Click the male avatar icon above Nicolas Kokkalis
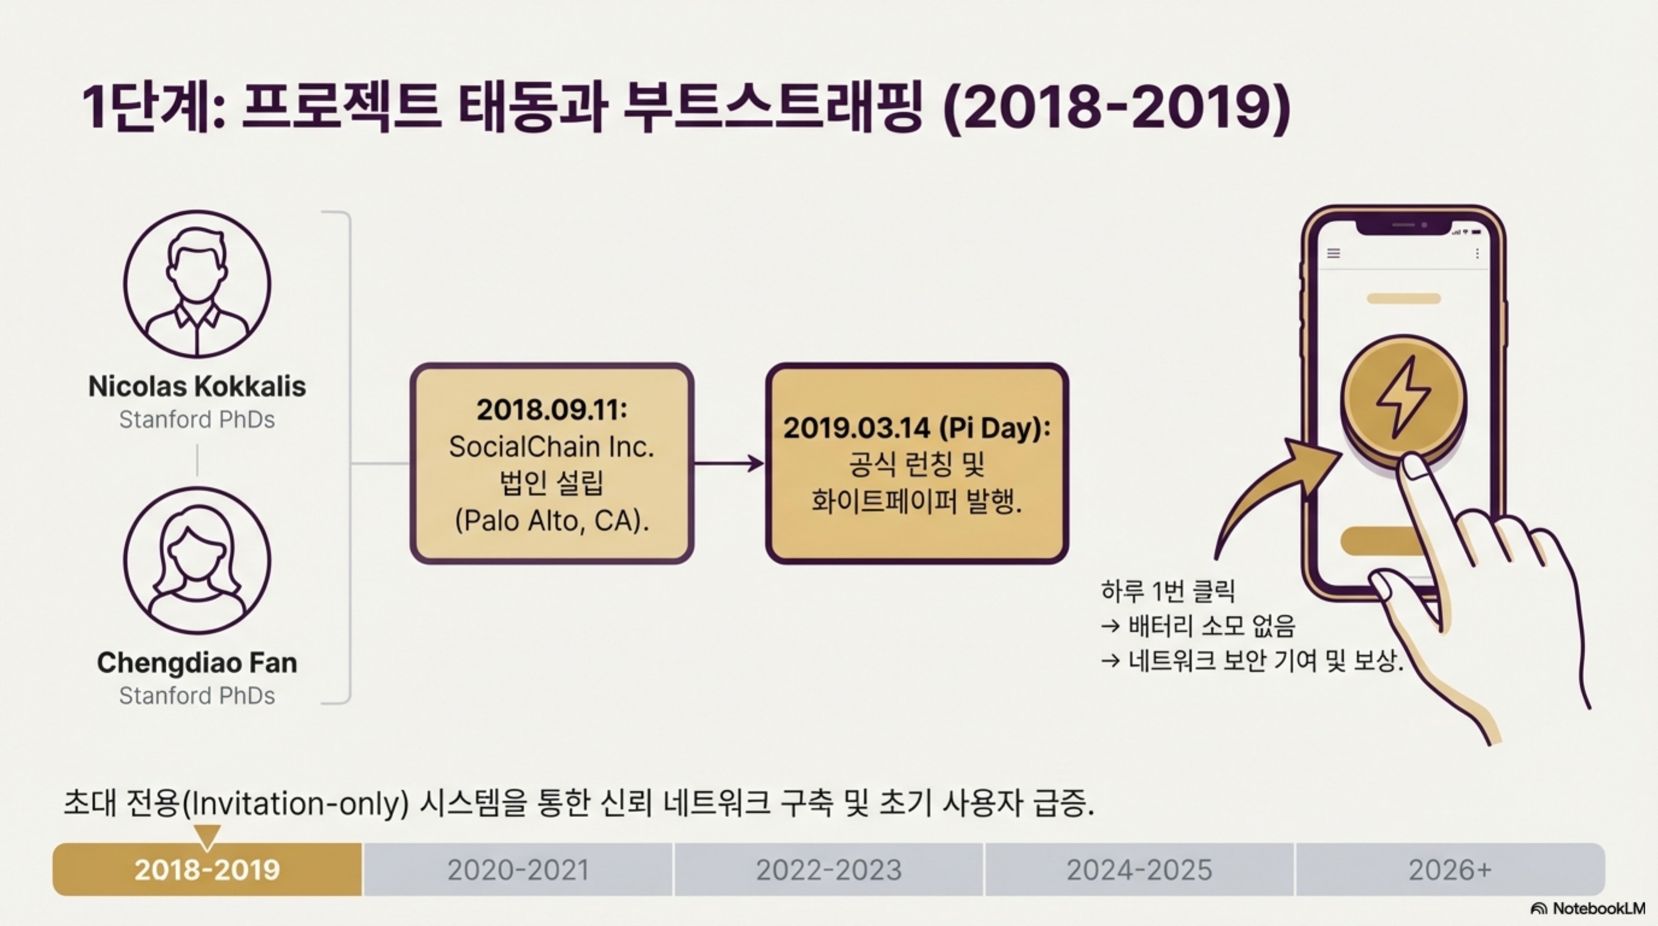pyautogui.click(x=197, y=284)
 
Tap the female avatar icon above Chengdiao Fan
pyautogui.click(x=197, y=560)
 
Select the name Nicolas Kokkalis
pyautogui.click(x=197, y=386)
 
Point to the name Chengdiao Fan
pyautogui.click(x=197, y=663)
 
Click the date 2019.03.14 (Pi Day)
pyautogui.click(x=916, y=427)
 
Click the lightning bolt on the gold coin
pyautogui.click(x=1404, y=397)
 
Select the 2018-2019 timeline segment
pyautogui.click(x=207, y=869)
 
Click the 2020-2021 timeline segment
pyautogui.click(x=518, y=869)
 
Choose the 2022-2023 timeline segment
pyautogui.click(x=829, y=869)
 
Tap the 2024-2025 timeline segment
pyautogui.click(x=1139, y=869)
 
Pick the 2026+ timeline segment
pyautogui.click(x=1450, y=869)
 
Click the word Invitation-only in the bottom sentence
pyautogui.click(x=295, y=804)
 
